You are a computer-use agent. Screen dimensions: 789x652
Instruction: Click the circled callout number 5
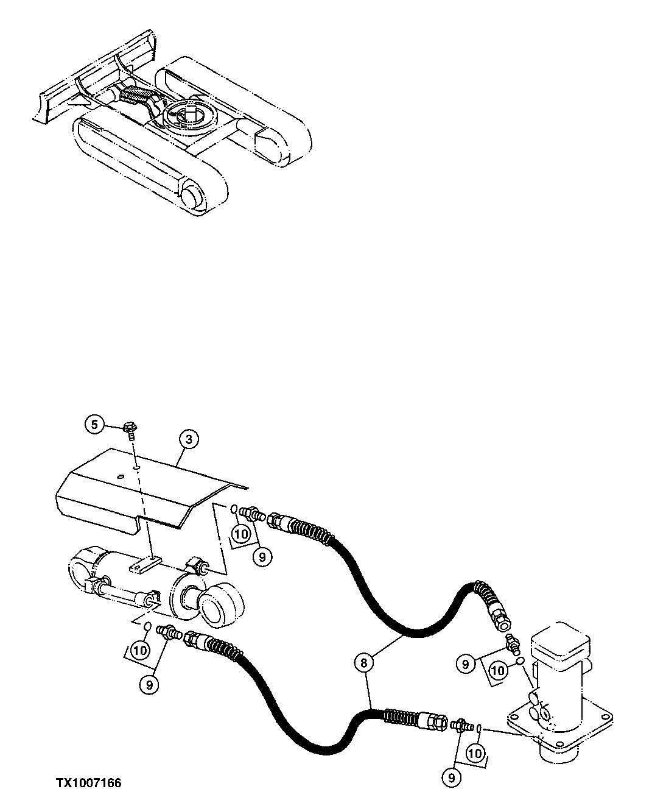point(94,424)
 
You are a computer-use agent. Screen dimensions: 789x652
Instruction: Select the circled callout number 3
point(189,439)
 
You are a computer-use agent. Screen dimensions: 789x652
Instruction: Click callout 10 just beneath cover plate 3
point(241,534)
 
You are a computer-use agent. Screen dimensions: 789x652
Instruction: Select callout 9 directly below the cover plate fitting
point(262,556)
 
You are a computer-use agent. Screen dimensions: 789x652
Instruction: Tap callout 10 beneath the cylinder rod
point(140,650)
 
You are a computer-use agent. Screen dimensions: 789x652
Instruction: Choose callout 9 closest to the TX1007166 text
point(149,685)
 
